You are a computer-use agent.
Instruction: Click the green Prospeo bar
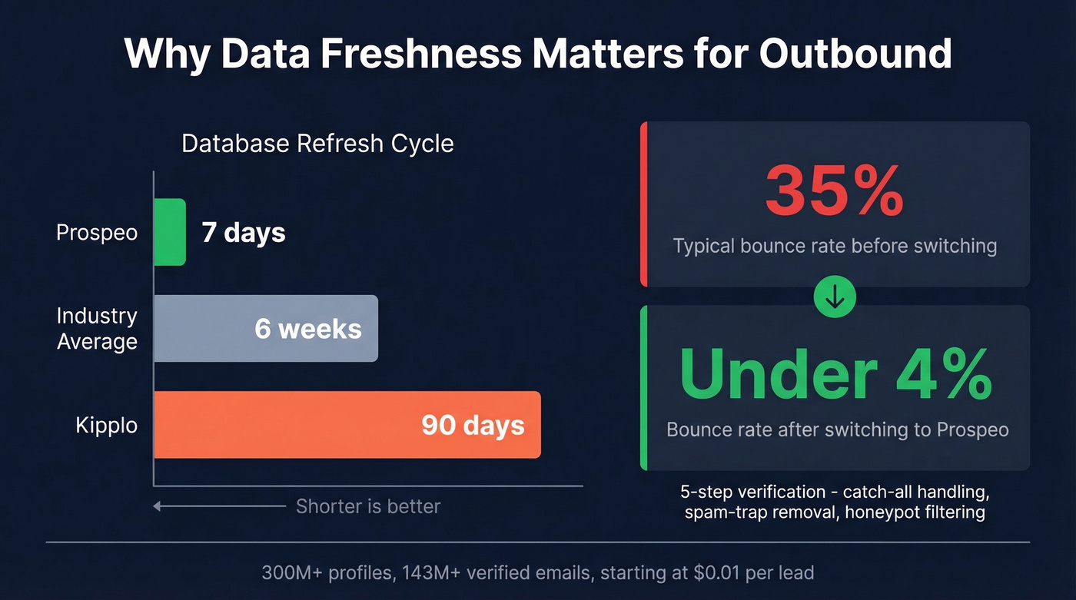pyautogui.click(x=170, y=232)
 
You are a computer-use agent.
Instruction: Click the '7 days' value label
pyautogui.click(x=244, y=232)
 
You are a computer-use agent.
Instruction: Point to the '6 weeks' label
pyautogui.click(x=308, y=329)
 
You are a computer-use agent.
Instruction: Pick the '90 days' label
pyautogui.click(x=473, y=425)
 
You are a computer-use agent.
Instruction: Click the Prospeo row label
pyautogui.click(x=97, y=232)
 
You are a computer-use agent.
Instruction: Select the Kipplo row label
pyautogui.click(x=106, y=425)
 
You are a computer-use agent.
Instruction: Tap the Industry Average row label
pyautogui.click(x=97, y=329)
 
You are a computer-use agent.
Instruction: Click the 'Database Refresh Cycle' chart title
pyautogui.click(x=317, y=144)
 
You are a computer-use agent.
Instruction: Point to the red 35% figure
pyautogui.click(x=834, y=191)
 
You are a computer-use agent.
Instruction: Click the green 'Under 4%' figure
pyautogui.click(x=835, y=374)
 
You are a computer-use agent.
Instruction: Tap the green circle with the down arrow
pyautogui.click(x=835, y=297)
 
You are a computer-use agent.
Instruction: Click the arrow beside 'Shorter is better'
pyautogui.click(x=218, y=506)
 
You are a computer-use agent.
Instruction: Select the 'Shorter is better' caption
pyautogui.click(x=368, y=506)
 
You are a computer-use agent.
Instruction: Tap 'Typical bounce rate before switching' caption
pyautogui.click(x=835, y=247)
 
